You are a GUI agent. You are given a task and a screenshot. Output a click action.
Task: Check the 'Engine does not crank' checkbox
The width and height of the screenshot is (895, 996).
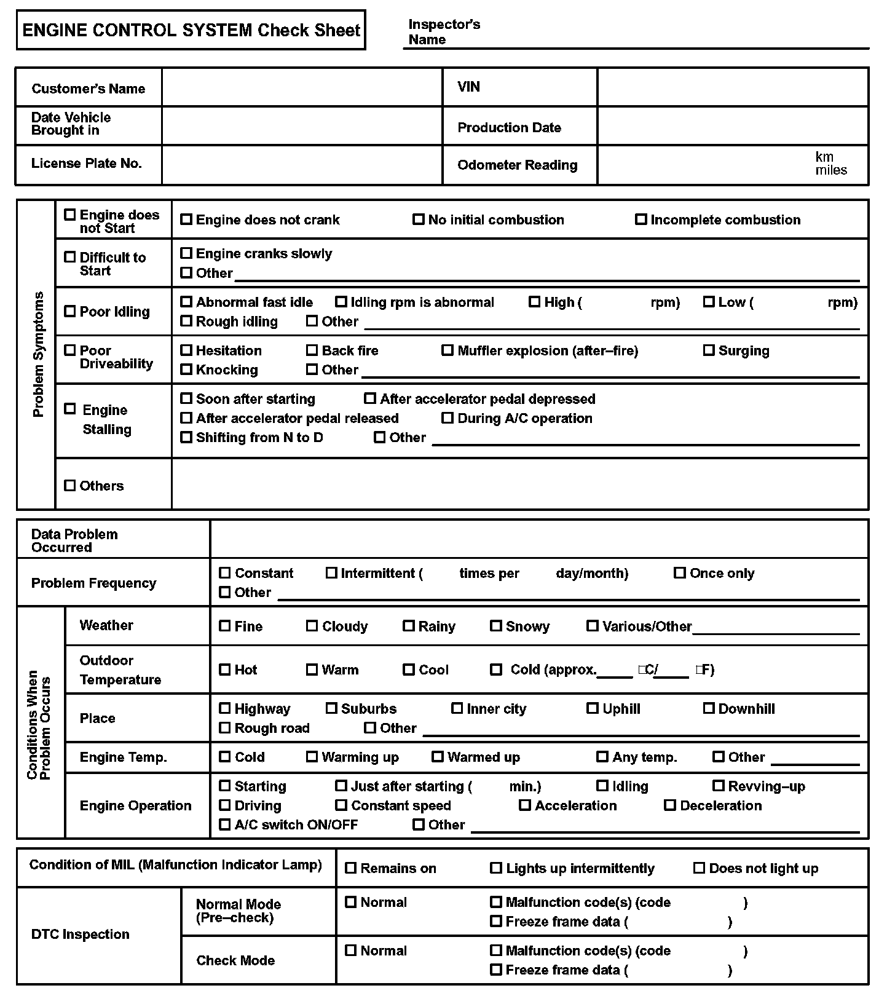pos(186,219)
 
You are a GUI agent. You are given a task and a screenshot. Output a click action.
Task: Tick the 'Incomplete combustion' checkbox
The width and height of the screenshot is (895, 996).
pos(641,219)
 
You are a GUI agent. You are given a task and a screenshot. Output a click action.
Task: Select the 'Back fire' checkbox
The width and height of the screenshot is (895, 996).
pos(312,350)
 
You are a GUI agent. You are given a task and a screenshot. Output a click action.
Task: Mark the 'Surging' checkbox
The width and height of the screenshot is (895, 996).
pos(709,350)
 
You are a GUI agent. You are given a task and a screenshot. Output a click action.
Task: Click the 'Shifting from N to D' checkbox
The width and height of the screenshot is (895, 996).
pos(186,437)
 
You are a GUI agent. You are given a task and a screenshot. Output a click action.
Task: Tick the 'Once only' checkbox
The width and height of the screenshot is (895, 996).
pos(680,573)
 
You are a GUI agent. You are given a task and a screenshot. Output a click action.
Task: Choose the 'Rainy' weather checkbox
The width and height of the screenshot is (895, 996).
pos(409,626)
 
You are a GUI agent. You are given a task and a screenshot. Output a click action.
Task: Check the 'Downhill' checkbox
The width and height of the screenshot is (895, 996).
pos(709,708)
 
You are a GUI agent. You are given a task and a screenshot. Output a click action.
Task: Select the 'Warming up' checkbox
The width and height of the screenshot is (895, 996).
pos(312,757)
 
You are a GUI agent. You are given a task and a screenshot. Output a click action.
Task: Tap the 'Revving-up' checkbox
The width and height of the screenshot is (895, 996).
pos(719,786)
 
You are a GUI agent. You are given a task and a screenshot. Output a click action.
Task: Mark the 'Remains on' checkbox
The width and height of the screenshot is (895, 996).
pos(351,868)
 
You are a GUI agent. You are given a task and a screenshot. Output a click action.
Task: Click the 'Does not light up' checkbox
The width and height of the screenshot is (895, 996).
pos(700,868)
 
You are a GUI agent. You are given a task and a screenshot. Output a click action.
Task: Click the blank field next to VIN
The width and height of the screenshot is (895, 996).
pos(732,87)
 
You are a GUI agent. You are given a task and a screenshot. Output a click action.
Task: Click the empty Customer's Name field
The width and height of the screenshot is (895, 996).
pos(302,87)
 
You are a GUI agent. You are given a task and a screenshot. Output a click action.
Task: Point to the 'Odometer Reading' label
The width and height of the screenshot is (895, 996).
pos(518,165)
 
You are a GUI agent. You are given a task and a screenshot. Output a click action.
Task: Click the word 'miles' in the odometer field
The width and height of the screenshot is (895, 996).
pos(831,170)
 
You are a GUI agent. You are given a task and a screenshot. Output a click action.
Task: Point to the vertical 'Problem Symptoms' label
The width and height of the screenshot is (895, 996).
pos(38,354)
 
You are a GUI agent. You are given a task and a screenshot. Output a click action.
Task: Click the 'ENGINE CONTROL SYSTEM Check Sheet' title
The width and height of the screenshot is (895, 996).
pos(191,30)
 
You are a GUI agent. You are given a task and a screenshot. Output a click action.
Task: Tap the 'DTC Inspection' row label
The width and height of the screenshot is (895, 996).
pos(81,934)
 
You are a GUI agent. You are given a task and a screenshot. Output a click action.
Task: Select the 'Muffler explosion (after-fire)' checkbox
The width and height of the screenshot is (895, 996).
pos(447,350)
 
